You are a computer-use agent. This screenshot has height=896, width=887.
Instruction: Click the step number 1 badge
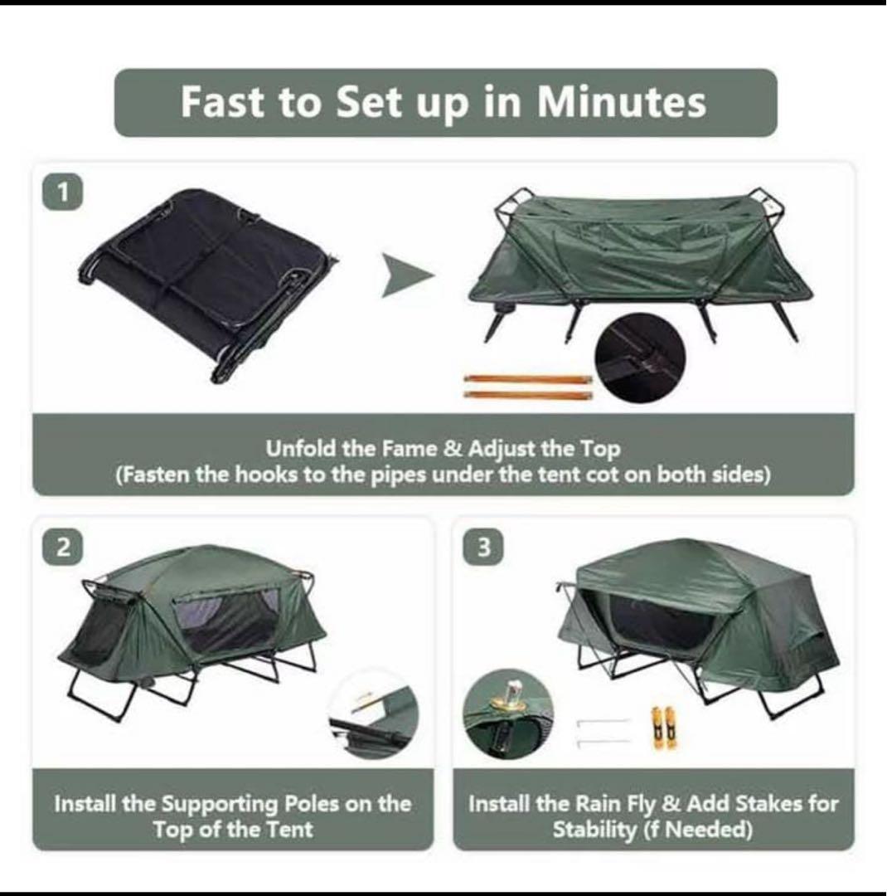pos(63,192)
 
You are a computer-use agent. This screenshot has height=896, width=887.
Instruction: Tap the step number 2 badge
pos(63,548)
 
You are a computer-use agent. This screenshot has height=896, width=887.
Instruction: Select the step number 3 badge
pos(483,548)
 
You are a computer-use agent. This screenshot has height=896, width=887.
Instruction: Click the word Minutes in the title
pos(622,102)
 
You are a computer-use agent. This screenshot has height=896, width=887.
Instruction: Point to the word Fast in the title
pos(223,102)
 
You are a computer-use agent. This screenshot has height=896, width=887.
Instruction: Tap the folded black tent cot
pos(208,285)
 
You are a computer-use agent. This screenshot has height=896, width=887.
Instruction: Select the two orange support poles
pos(528,387)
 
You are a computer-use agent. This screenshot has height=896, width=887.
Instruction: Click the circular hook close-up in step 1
pos(641,359)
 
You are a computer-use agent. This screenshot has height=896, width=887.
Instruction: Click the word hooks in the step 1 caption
pos(267,475)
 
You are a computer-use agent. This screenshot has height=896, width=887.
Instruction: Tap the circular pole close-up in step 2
pos(374,714)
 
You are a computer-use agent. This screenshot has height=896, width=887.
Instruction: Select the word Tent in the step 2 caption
pos(289,829)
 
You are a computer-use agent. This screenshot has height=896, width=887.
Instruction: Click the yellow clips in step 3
pos(662,728)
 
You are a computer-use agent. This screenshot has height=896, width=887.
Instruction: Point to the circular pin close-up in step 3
pos(508,714)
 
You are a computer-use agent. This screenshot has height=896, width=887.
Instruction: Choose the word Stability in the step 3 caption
pos(594,829)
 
